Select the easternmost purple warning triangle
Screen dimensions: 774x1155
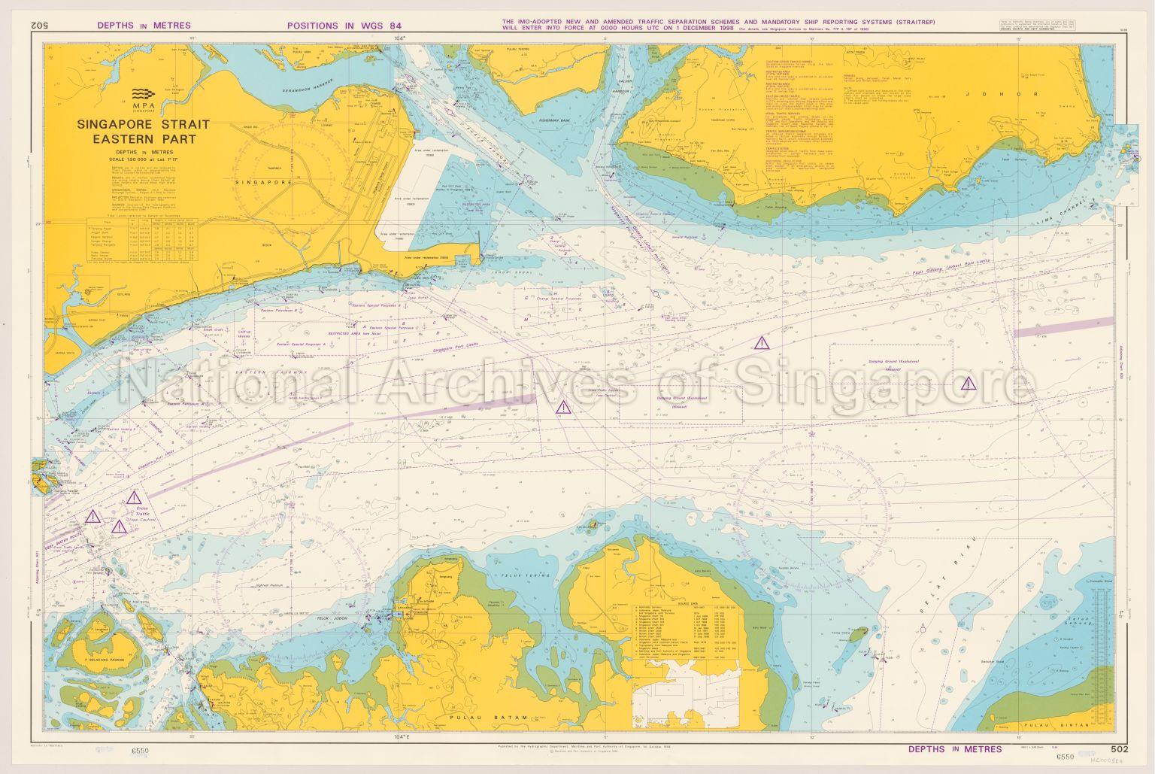[969, 383]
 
